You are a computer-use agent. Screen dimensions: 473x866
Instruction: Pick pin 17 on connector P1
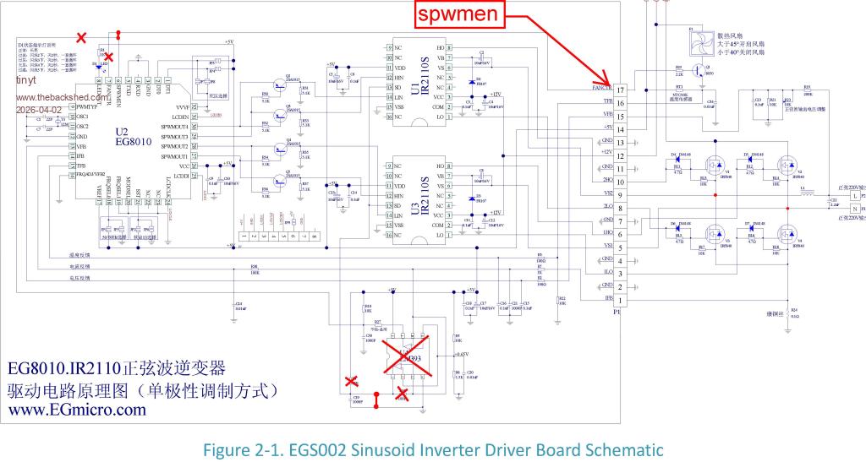click(x=621, y=90)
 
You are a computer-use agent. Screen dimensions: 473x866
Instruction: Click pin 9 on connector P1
click(x=621, y=195)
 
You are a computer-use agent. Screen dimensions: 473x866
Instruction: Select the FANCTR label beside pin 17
click(x=602, y=89)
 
